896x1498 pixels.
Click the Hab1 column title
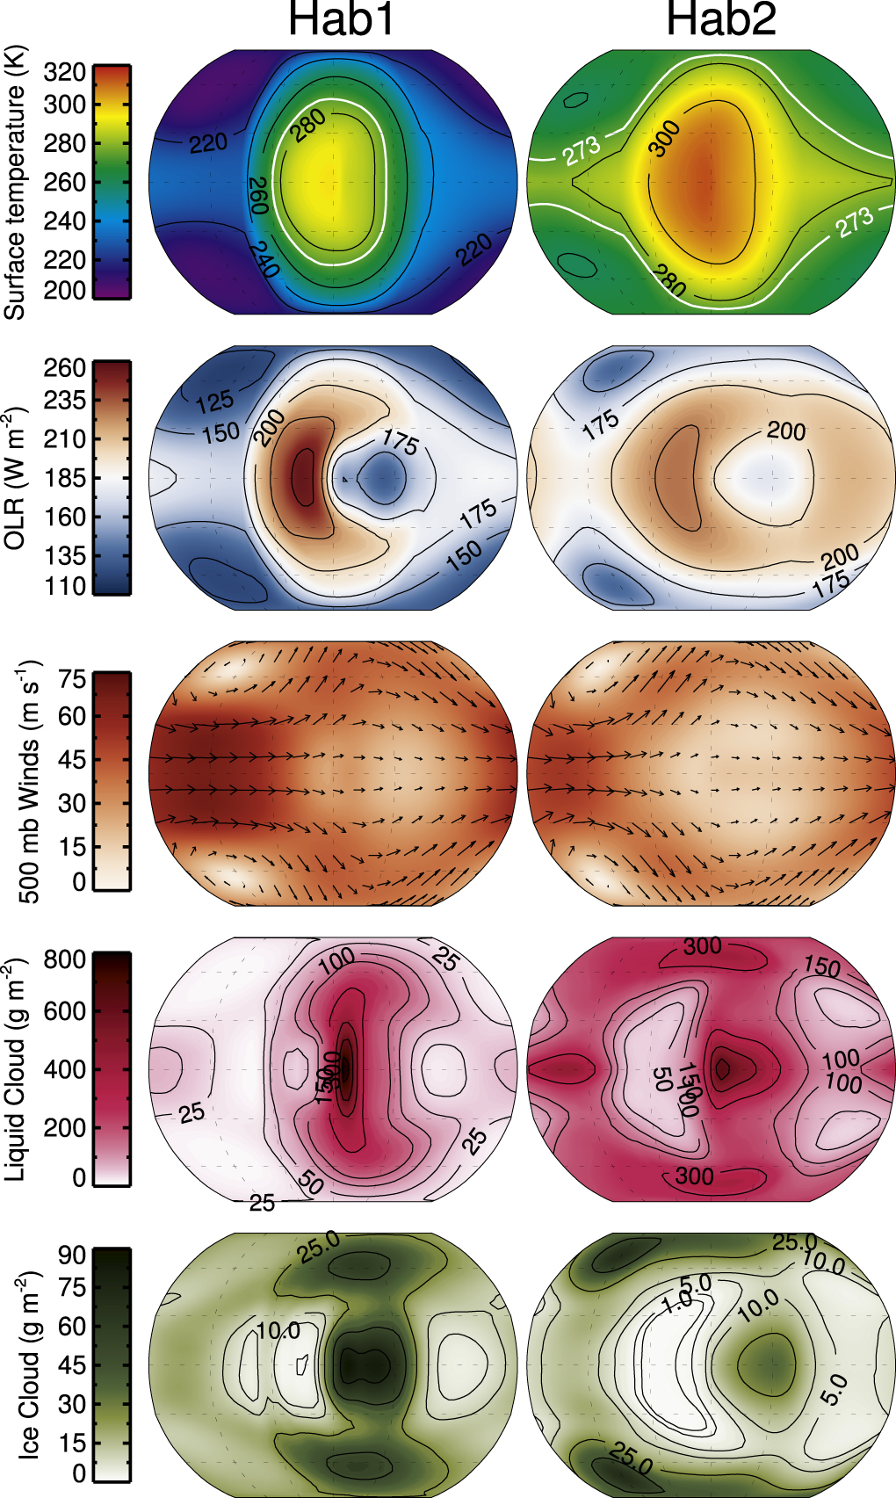[342, 19]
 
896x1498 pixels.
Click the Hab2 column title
[720, 19]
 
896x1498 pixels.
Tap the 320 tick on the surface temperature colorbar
[64, 72]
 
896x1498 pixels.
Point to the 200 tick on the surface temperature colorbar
[64, 290]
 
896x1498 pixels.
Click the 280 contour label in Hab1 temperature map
[309, 126]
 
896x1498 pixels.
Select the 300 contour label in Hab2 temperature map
[664, 139]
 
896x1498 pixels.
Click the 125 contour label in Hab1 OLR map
[214, 402]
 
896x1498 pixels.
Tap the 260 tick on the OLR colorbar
[64, 367]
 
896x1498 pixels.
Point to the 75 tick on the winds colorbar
[72, 679]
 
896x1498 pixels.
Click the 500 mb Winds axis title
[28, 782]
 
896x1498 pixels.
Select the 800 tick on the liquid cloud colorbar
[64, 959]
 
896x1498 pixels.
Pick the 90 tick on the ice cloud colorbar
[72, 1255]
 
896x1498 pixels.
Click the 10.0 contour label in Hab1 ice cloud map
[278, 1331]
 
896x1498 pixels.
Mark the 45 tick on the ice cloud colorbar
[72, 1365]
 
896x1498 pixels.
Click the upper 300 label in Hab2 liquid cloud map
[703, 946]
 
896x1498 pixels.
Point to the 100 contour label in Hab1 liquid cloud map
[336, 960]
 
